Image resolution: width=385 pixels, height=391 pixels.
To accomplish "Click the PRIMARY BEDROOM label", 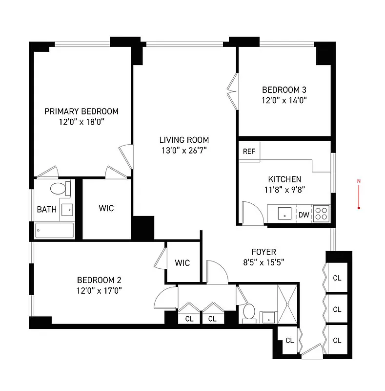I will tap(81, 111).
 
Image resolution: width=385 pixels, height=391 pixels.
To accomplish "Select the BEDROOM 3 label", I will tap(284, 90).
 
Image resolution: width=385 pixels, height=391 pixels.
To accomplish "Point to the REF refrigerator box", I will tap(249, 151).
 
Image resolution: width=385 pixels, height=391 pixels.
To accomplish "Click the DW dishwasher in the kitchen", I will tap(304, 215).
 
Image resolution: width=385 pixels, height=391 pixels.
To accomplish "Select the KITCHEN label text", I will tap(284, 179).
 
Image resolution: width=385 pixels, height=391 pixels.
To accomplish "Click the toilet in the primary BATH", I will tap(59, 188).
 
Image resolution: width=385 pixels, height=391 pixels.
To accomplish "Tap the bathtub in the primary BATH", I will tap(54, 231).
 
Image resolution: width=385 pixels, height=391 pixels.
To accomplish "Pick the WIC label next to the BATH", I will tap(106, 208).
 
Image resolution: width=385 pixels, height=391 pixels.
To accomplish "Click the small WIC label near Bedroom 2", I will tap(182, 263).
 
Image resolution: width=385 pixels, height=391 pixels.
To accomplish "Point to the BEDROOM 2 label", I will tap(99, 280).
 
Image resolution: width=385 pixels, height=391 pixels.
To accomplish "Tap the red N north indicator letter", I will tap(359, 182).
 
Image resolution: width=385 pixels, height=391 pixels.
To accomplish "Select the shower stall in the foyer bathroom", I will tap(287, 303).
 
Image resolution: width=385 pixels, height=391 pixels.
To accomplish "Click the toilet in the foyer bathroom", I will tap(249, 312).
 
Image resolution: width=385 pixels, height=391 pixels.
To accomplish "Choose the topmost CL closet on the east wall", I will tap(337, 278).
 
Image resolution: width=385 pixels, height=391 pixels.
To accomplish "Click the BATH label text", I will tap(47, 210).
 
